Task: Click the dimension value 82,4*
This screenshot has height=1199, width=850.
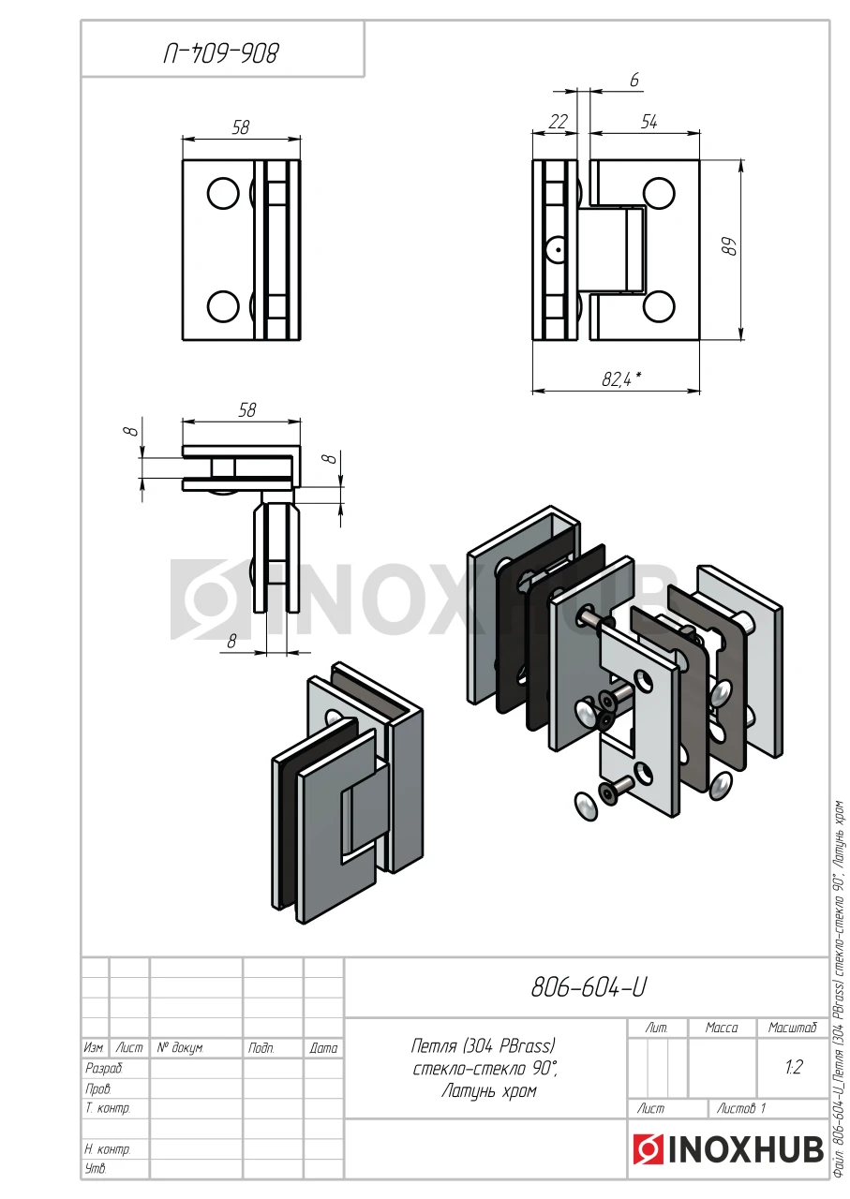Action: tap(621, 379)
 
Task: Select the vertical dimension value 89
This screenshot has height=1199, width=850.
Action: tap(731, 246)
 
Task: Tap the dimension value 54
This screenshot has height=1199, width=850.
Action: tap(649, 122)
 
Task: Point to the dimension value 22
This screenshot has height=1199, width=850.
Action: tap(558, 122)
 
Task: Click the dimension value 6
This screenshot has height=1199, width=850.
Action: tap(634, 80)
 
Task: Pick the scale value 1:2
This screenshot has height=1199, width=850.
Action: tap(793, 1067)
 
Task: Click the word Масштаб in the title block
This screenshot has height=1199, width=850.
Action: tap(792, 1028)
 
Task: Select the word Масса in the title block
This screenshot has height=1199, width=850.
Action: tap(722, 1028)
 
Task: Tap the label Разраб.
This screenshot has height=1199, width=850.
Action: tap(104, 1069)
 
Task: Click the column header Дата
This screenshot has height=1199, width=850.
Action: tap(323, 1048)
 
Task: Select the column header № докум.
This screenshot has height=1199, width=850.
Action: tap(180, 1047)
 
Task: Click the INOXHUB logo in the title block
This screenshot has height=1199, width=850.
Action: tap(729, 1149)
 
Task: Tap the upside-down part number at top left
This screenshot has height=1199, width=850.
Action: tap(221, 53)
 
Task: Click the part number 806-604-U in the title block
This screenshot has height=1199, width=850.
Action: tap(589, 987)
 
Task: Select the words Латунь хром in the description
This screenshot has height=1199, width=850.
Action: tap(489, 1091)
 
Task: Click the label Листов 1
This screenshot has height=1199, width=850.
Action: tap(741, 1108)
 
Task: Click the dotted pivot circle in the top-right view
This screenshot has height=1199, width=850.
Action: tap(557, 249)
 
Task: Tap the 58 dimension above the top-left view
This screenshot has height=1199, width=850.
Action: tap(241, 127)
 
